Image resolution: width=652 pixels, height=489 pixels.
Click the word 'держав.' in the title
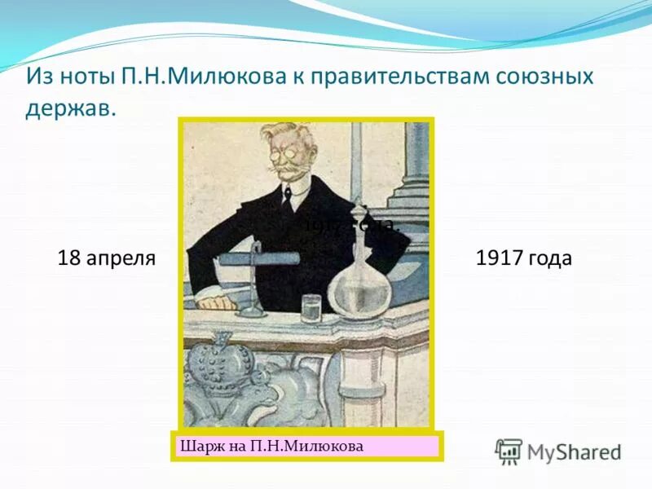coord(71,108)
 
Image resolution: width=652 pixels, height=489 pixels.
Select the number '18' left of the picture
coord(68,258)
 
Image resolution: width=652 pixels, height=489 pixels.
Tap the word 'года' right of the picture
coord(549,259)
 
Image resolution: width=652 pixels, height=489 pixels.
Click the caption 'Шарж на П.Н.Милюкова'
coord(270,446)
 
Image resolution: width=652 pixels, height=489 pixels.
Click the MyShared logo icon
coord(509,451)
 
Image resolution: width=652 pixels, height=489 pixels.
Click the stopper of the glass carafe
coord(356,208)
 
